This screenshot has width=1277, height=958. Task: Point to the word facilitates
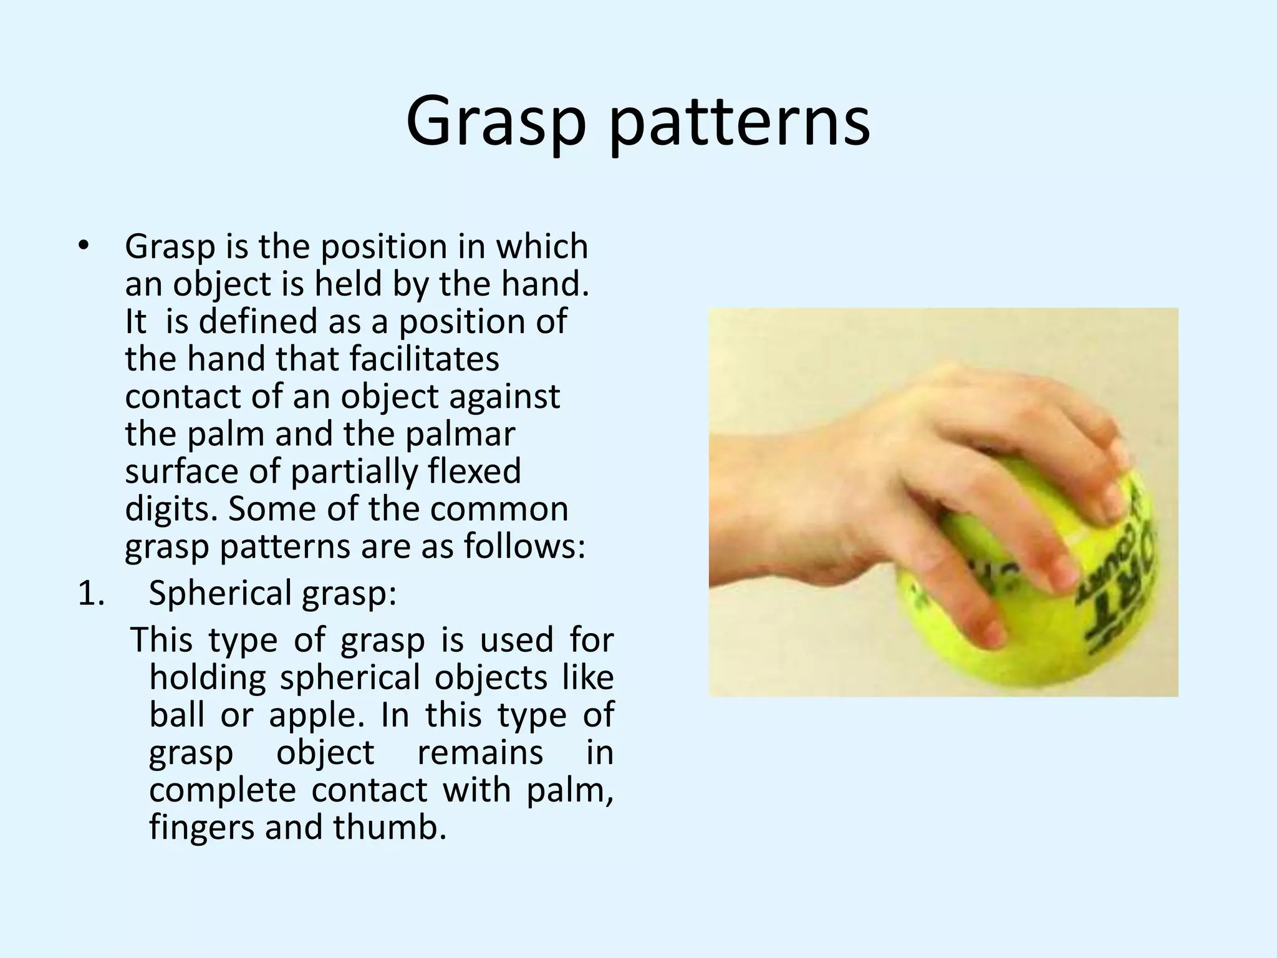[424, 359]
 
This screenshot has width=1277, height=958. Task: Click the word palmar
[460, 434]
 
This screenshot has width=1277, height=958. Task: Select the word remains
[480, 753]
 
